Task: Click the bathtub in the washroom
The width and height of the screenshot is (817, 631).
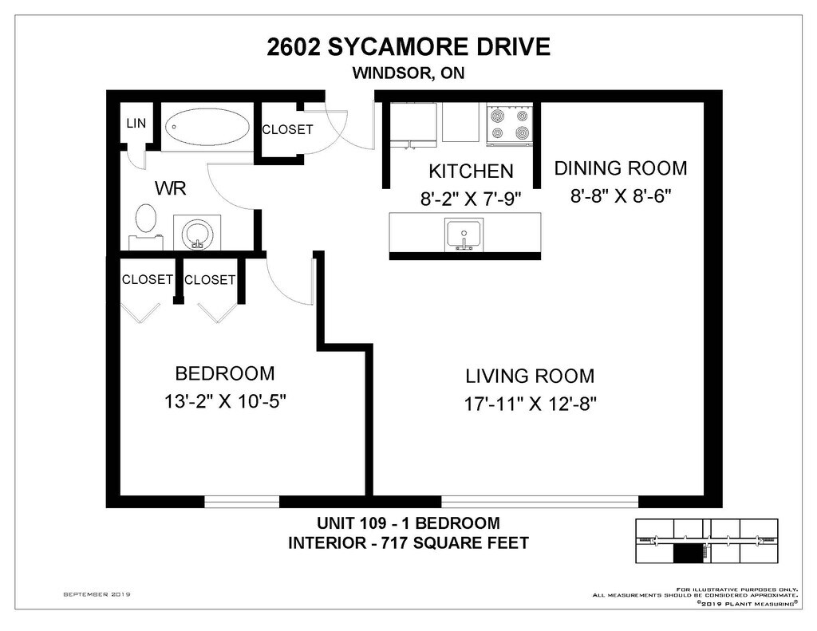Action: coord(207,127)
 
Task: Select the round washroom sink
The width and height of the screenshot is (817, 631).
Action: coord(197,234)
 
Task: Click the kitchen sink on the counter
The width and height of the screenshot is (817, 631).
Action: coord(464,235)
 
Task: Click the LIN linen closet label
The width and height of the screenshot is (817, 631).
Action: coord(136,124)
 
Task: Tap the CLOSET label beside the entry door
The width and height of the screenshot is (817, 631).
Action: coord(287,129)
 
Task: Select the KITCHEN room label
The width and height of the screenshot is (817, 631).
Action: coord(471,171)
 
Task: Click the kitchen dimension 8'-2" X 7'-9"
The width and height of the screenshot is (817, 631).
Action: coord(471,199)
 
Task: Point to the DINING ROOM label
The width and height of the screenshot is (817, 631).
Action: coord(621,168)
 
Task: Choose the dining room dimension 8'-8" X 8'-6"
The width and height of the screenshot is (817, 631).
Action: coord(621,196)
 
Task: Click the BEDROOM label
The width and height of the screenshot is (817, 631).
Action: coord(224,373)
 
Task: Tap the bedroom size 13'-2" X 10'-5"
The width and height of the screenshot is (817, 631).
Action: coord(225,402)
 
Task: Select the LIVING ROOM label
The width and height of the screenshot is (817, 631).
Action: coord(530,376)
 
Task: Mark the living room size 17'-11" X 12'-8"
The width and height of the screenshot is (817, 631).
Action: coord(530,404)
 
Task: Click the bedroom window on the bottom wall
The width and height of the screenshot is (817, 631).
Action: coord(242,502)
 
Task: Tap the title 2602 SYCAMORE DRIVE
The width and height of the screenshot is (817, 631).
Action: coord(408,47)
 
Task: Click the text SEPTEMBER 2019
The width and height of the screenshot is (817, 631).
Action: coord(97,594)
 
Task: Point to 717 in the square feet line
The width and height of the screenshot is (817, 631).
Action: coord(394,543)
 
